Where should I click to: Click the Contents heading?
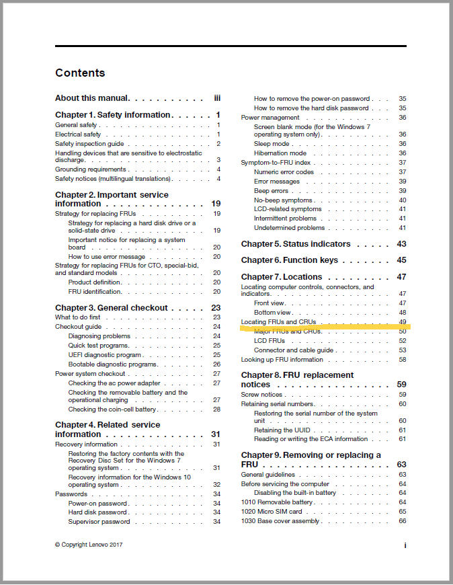pos(80,73)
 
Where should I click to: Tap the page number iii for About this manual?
pos(217,98)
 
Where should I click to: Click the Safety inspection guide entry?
pos(89,144)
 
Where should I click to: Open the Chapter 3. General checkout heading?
pos(112,308)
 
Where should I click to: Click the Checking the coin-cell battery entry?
pos(112,409)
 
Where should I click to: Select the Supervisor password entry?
pos(99,522)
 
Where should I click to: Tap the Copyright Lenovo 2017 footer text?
pos(89,545)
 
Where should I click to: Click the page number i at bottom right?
pos(405,545)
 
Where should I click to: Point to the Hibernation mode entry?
pos(280,153)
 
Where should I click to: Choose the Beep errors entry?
pos(271,191)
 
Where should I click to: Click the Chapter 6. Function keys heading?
pos(290,260)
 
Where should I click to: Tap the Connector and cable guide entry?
pos(294,350)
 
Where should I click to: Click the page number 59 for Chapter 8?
pos(402,385)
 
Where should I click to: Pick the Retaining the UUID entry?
pos(283,430)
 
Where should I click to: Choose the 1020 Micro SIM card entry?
pos(272,512)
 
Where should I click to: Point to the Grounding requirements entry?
pos(90,169)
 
